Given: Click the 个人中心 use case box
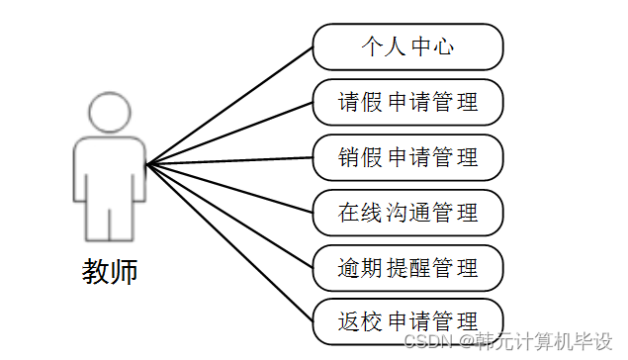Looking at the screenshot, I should (407, 45).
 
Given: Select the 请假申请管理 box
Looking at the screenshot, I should (407, 102).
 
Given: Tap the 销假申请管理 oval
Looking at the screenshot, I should (407, 157).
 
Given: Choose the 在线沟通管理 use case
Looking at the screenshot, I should (407, 212).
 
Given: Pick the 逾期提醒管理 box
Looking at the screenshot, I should (407, 267).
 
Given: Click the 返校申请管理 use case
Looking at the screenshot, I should (407, 320).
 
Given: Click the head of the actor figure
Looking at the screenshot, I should (109, 113).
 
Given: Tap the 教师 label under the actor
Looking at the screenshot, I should (110, 270).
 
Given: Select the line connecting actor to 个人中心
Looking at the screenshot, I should (229, 104).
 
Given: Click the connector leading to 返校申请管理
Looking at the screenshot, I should (229, 241).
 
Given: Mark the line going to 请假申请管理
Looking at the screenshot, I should (229, 133).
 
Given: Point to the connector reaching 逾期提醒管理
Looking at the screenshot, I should (229, 215).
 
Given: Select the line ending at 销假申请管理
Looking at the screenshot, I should (229, 160).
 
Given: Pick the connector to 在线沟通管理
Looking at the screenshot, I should (229, 188).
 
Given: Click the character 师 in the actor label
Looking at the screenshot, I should (124, 270).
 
